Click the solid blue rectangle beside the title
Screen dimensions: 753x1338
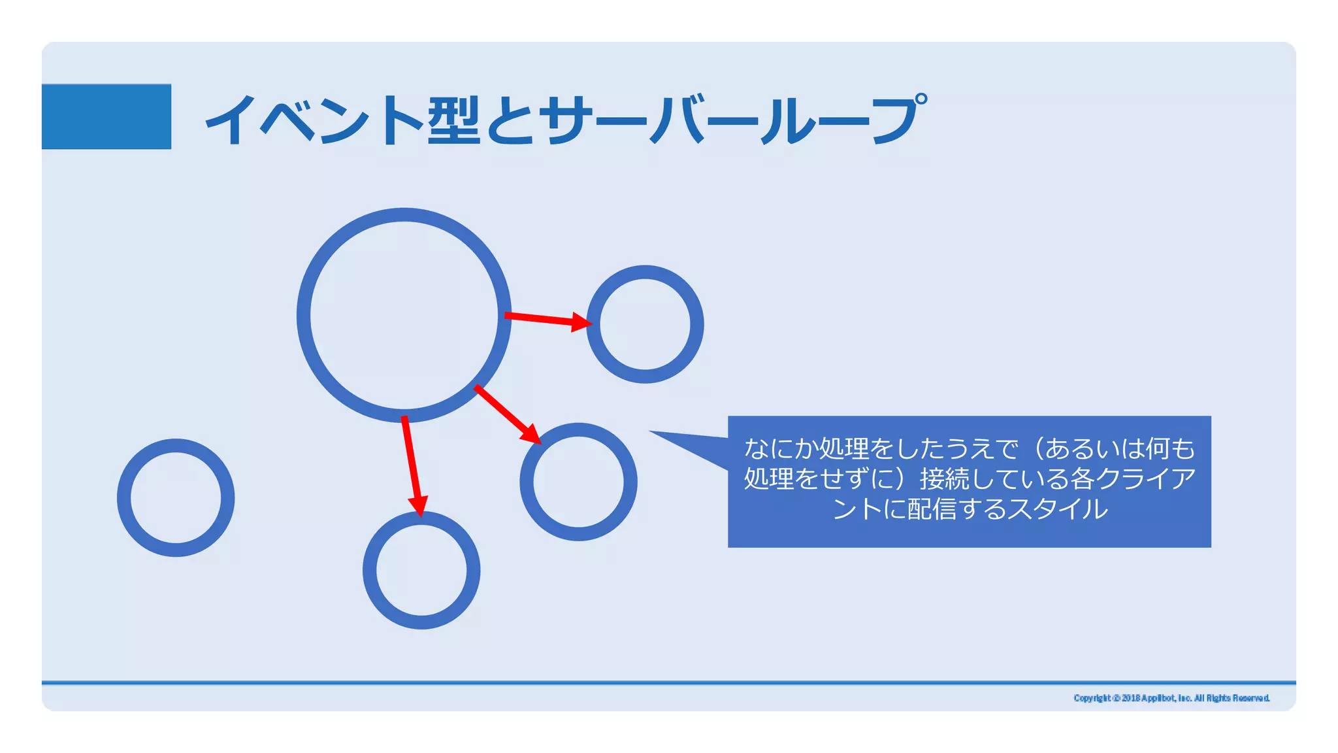pyautogui.click(x=106, y=116)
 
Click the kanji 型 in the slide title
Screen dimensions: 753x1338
pyautogui.click(x=453, y=119)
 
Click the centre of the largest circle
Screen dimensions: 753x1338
pyautogui.click(x=404, y=315)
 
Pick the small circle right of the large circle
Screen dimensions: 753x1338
pyautogui.click(x=645, y=324)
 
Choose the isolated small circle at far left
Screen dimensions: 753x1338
pyautogui.click(x=176, y=497)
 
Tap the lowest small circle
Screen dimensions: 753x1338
pyautogui.click(x=421, y=570)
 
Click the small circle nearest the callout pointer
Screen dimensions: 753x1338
pyautogui.click(x=578, y=482)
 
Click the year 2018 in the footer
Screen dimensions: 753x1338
pyautogui.click(x=1130, y=698)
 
